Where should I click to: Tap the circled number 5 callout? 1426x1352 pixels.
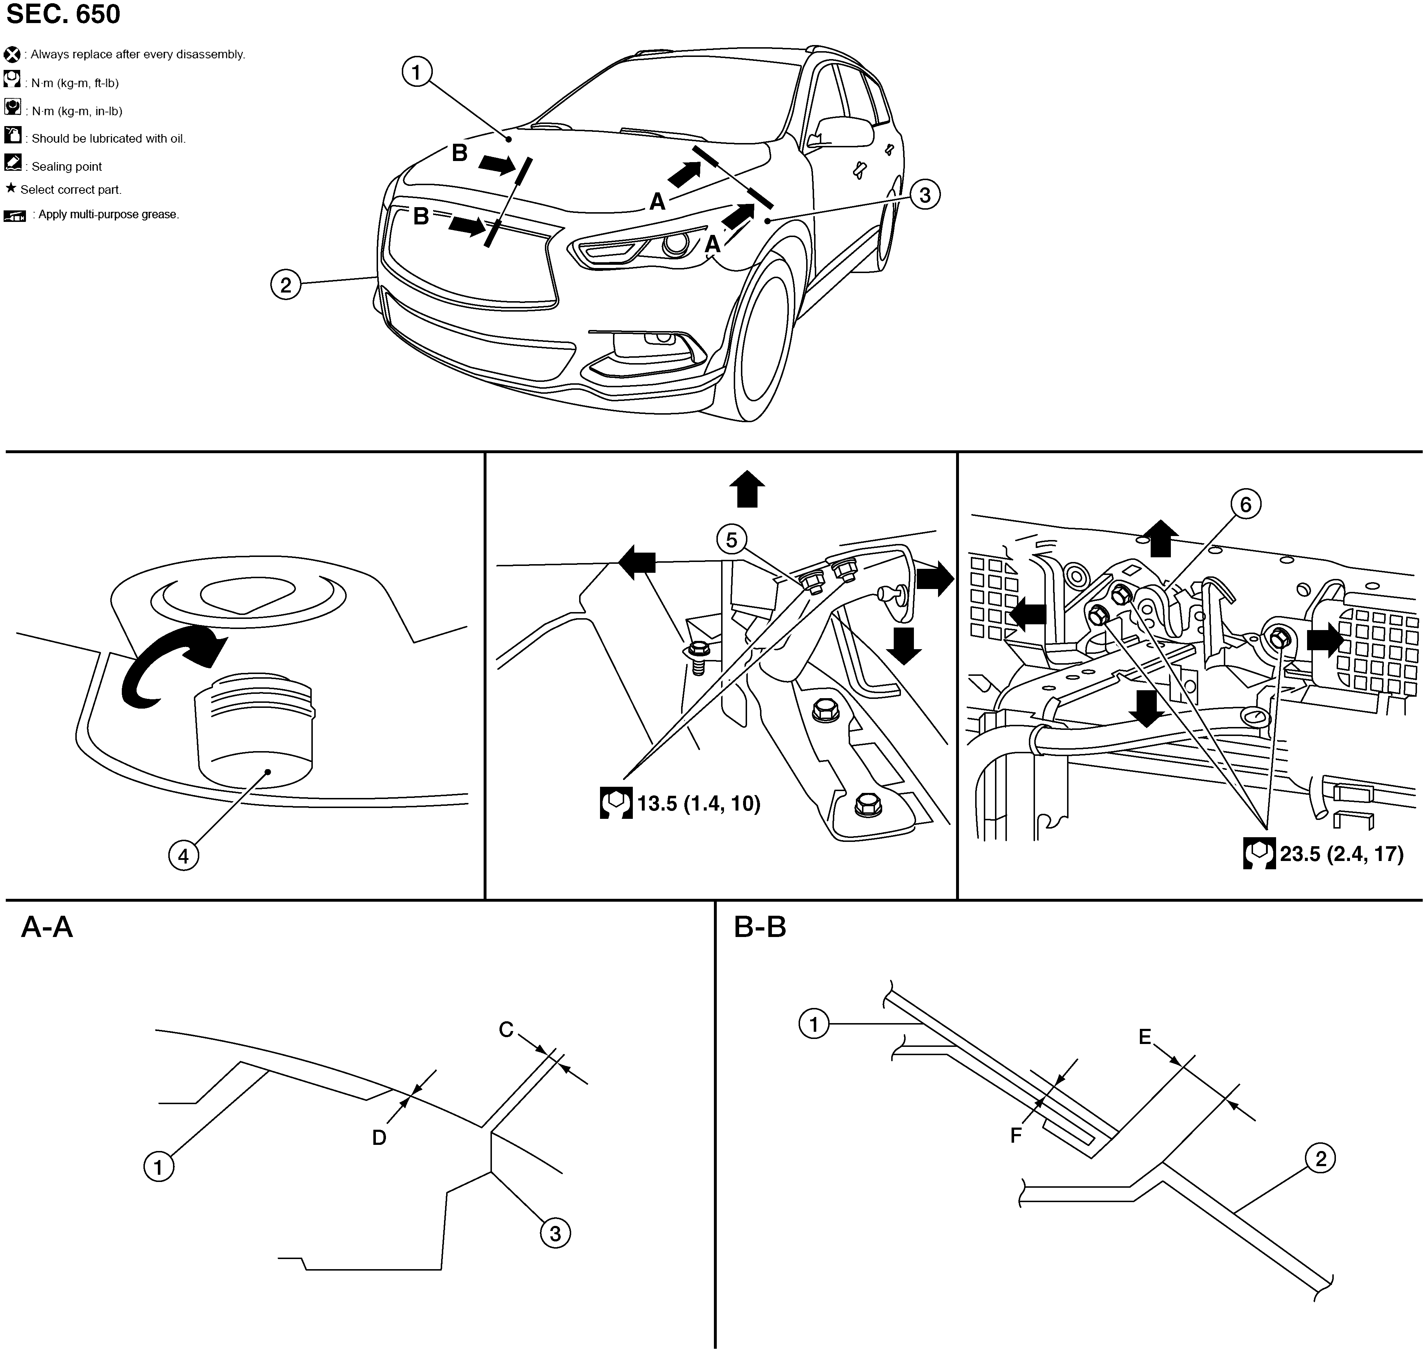tap(732, 540)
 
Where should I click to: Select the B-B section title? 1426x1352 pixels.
tap(760, 927)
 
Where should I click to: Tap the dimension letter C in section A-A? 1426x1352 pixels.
tap(506, 1030)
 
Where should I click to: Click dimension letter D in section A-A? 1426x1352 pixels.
tap(379, 1137)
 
